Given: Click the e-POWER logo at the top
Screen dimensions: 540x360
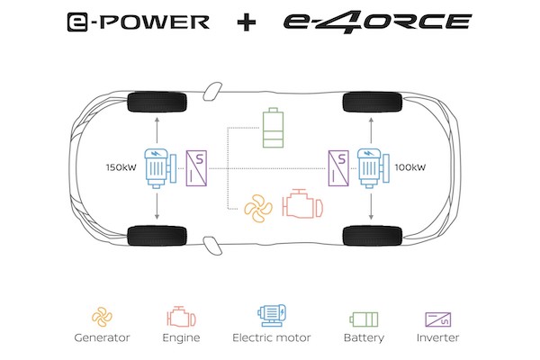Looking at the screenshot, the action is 138,22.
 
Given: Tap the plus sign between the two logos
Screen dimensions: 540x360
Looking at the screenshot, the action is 247,22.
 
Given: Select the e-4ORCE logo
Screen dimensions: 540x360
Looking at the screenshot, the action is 377,22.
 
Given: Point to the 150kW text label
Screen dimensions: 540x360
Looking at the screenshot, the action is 121,167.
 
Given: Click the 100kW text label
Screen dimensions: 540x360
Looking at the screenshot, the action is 410,167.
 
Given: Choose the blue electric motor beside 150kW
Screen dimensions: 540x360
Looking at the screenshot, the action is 160,168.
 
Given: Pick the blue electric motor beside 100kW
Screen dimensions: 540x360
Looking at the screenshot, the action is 373,168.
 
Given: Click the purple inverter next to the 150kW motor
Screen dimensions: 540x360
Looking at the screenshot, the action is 196,168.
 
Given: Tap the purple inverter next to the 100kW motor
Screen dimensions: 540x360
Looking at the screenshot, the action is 338,168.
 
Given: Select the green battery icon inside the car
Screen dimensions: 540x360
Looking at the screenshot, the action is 273,128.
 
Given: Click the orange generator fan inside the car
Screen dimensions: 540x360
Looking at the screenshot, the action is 258,208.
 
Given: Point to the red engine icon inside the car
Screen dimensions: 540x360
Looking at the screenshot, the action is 302,204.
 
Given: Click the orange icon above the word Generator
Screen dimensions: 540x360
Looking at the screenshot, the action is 102,317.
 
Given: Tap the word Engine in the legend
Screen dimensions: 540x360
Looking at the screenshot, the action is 181,337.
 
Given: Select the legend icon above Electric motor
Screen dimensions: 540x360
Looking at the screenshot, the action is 272,316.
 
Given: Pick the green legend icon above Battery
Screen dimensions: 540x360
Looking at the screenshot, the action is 364,319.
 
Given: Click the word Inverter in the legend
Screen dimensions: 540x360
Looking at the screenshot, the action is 437,337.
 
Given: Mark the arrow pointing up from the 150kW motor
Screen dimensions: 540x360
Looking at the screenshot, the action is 157,130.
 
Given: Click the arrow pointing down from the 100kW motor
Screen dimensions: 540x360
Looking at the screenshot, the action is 371,206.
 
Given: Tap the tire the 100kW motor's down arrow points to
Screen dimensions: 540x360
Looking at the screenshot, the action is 373,236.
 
